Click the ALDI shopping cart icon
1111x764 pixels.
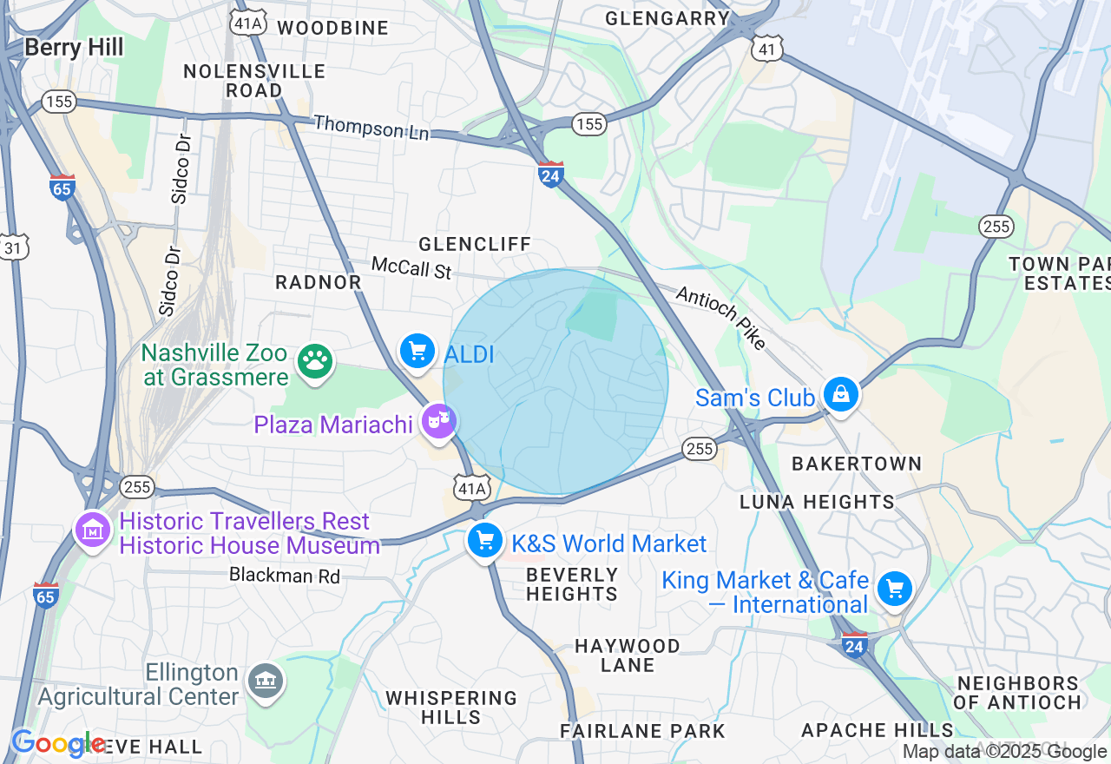click(x=417, y=352)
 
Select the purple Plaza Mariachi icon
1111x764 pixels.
click(x=438, y=423)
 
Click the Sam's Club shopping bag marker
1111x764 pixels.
click(x=840, y=395)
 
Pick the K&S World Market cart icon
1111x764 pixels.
click(x=485, y=542)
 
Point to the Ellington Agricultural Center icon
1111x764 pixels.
click(x=265, y=681)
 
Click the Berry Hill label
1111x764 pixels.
click(x=74, y=47)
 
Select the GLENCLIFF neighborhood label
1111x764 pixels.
click(x=475, y=244)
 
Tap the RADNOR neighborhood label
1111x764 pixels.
click(x=319, y=282)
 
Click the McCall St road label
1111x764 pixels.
click(x=411, y=267)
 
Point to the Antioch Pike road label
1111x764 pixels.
click(x=720, y=319)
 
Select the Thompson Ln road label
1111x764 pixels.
click(x=371, y=128)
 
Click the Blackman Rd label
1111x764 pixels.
click(x=285, y=575)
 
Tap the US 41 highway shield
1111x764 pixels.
click(x=767, y=49)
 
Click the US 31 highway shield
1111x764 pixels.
click(x=14, y=247)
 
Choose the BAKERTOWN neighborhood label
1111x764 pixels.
click(x=857, y=464)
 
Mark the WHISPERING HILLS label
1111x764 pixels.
click(x=450, y=708)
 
